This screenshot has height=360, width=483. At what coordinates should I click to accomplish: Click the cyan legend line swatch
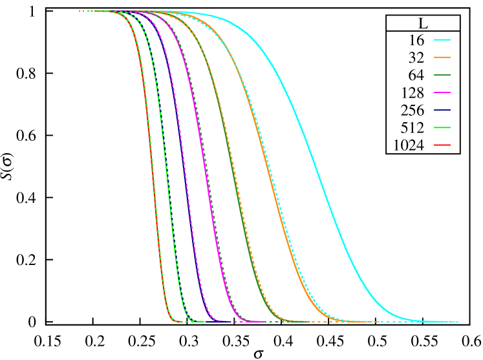point(442,39)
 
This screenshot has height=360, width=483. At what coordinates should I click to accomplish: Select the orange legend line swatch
point(442,57)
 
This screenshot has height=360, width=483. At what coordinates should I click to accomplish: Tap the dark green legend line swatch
point(442,75)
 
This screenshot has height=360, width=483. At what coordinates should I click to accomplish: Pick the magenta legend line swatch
point(442,92)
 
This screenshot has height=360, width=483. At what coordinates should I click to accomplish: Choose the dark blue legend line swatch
point(442,110)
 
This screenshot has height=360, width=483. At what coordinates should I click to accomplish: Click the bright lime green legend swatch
point(442,127)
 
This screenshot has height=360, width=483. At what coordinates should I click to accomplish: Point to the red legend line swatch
point(442,145)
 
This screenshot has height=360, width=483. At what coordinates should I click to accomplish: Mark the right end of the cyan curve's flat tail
point(458,321)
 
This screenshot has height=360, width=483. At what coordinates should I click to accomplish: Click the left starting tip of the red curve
point(80,11)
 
